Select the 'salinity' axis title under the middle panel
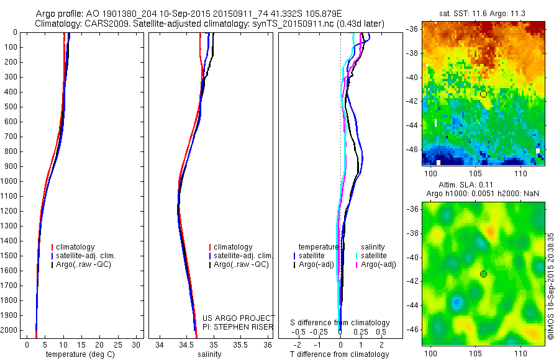pos(209,354)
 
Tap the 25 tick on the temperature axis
pos(119,344)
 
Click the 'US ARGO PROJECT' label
pos(239,318)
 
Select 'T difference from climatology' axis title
pos(339,354)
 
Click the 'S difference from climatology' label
pos(340,323)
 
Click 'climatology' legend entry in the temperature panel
pos(76,247)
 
